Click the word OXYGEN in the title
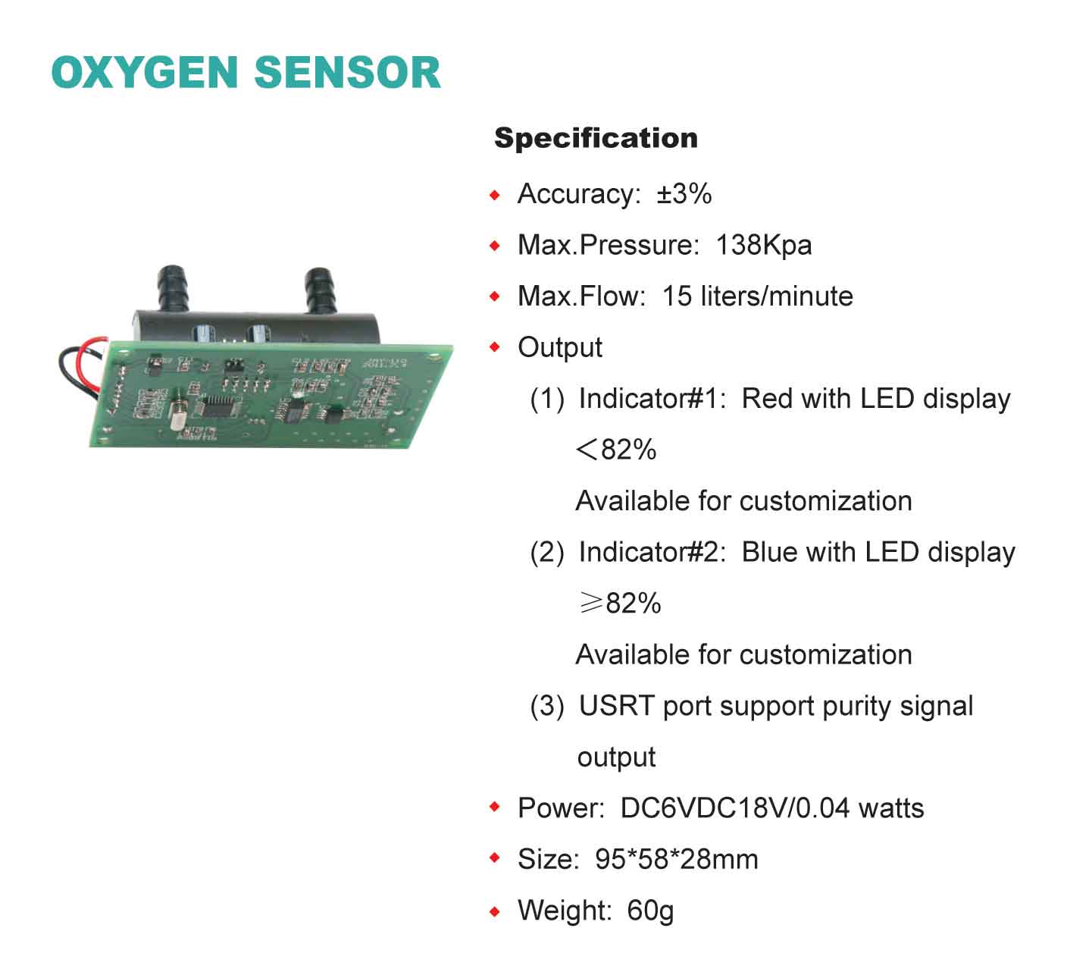click(145, 72)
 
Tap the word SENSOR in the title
click(348, 72)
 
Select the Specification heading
click(596, 138)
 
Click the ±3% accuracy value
click(684, 193)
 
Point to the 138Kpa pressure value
click(763, 246)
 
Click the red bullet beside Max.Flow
click(495, 296)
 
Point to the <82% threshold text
click(616, 450)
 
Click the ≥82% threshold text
click(620, 603)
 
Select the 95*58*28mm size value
click(677, 860)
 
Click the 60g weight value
click(650, 911)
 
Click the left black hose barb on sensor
click(172, 288)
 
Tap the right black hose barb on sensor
click(320, 290)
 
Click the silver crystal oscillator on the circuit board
click(177, 416)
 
